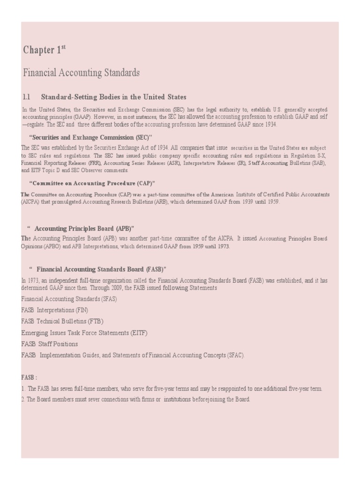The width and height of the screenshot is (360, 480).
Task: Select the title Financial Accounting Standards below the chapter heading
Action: [x=81, y=73]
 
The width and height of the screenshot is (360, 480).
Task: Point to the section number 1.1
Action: [x=26, y=97]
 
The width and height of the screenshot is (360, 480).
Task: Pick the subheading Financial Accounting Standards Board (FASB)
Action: [x=101, y=269]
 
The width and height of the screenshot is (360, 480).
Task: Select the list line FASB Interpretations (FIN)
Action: [x=55, y=310]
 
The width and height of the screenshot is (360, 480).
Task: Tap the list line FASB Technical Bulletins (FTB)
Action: [x=62, y=321]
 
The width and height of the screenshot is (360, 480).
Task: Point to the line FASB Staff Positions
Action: [x=50, y=344]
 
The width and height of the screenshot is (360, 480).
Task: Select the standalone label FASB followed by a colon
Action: [x=29, y=377]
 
